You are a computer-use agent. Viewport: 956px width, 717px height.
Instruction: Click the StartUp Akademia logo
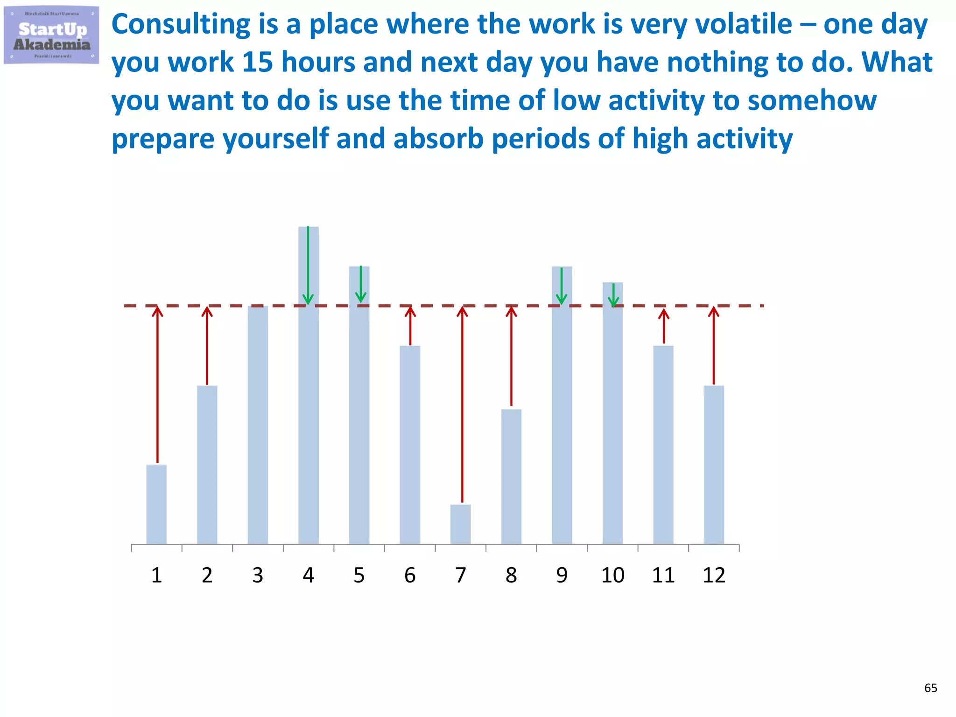[x=51, y=35]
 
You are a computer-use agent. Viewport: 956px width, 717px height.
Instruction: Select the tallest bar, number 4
[x=309, y=420]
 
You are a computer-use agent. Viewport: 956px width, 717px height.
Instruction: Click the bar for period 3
[x=258, y=425]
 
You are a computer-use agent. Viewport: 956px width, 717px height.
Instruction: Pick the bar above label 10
[x=612, y=420]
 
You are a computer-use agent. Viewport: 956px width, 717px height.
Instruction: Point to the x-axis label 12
[x=714, y=575]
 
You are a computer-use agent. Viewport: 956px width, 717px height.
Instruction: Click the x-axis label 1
[x=156, y=575]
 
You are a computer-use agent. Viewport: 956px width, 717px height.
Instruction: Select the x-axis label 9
[x=562, y=575]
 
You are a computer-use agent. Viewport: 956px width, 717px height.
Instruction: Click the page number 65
[x=930, y=688]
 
